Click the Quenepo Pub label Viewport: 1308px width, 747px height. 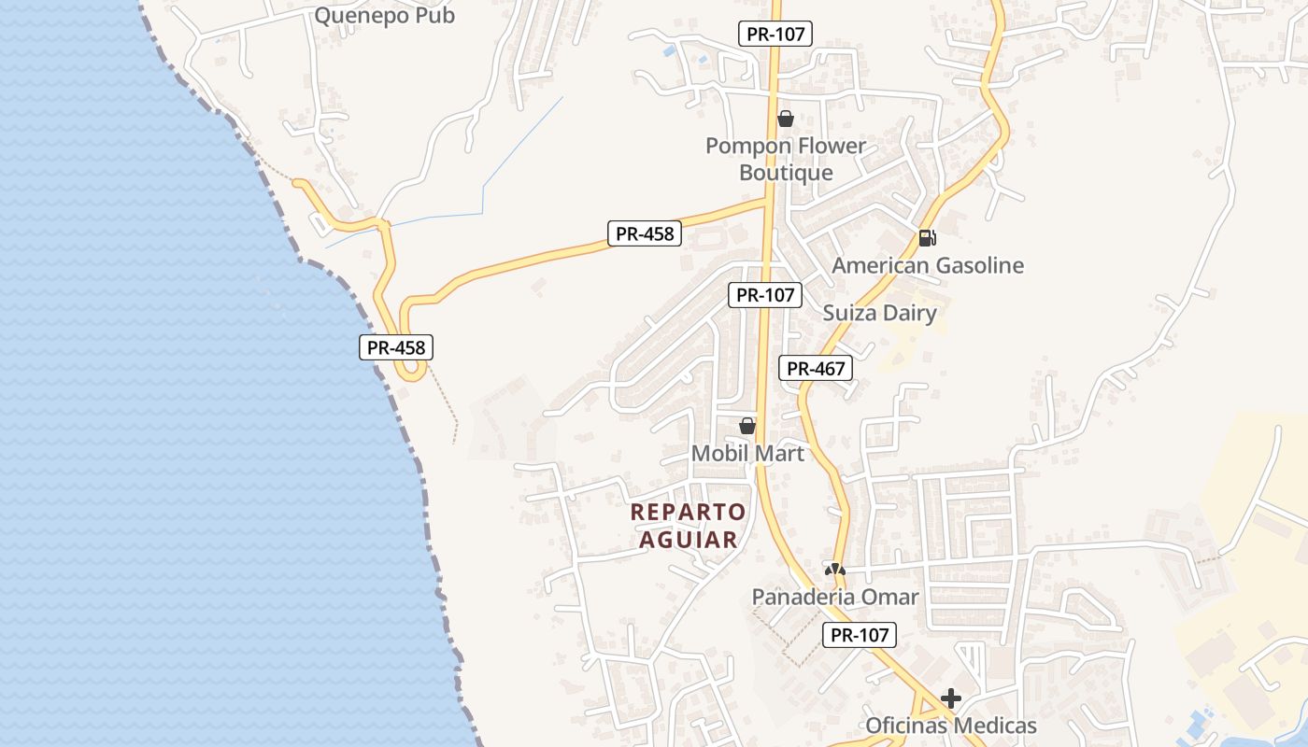(384, 15)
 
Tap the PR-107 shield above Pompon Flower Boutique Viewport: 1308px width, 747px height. (775, 34)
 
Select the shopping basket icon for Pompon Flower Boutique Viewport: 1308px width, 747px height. (786, 119)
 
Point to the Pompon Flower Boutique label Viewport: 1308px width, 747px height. (786, 160)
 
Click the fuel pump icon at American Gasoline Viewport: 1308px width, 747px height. (927, 237)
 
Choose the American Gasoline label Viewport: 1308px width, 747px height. (928, 265)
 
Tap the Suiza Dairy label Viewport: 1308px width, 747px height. (879, 313)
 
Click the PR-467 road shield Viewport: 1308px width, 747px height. (816, 368)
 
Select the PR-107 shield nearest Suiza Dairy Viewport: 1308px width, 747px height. (765, 295)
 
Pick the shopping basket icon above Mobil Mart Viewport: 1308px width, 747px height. (747, 426)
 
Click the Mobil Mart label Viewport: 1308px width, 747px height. (747, 453)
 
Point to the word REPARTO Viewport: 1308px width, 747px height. (689, 512)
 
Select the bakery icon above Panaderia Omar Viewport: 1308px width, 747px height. (834, 569)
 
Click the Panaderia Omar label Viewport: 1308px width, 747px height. (835, 597)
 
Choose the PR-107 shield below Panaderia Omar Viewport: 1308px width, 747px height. (860, 636)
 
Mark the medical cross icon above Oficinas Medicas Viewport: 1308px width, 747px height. (951, 698)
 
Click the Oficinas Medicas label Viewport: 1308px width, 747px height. (951, 726)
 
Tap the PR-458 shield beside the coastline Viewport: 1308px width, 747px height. (396, 347)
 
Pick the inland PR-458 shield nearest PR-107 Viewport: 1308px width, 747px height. (645, 233)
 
